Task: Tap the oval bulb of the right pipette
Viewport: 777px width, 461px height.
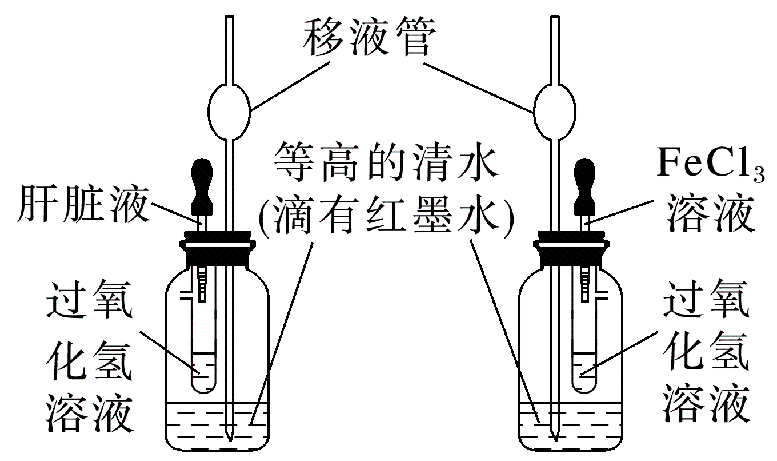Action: [553, 110]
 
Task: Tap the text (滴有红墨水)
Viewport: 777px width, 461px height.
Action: [387, 216]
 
